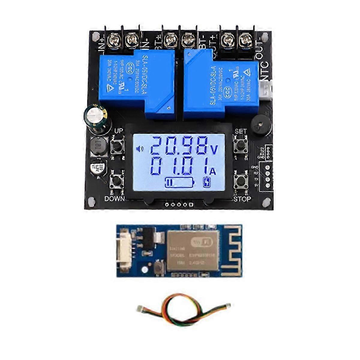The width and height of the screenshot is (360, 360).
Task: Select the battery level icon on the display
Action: tap(179, 182)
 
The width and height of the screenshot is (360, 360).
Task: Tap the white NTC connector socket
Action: tap(267, 91)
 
